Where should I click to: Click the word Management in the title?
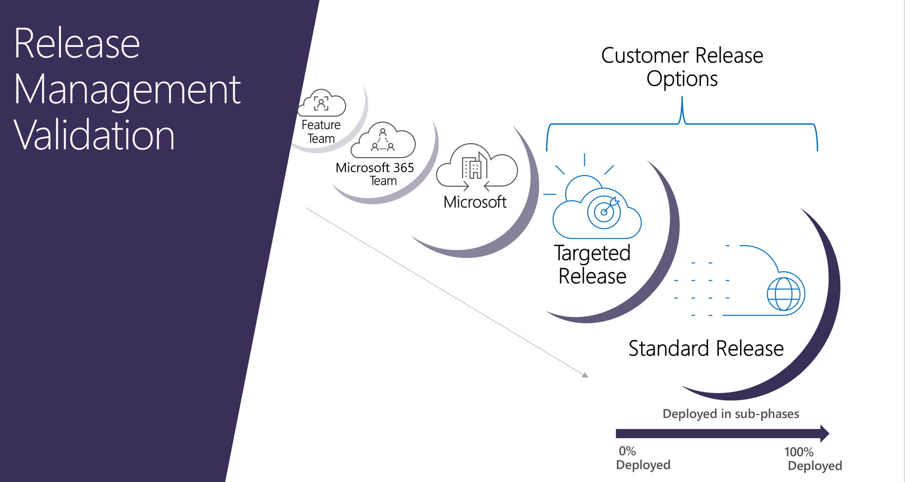point(127,90)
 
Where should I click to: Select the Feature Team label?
point(321,132)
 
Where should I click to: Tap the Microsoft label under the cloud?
point(475,202)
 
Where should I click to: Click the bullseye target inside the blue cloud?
point(604,212)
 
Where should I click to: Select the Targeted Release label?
point(592,264)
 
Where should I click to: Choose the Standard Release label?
point(706,349)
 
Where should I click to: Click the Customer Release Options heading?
point(682,67)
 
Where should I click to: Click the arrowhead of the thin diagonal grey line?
point(585,375)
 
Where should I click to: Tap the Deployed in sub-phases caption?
point(731,414)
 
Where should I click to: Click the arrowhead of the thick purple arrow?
point(824,433)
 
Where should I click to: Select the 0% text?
point(627,451)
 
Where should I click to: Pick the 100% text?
point(799,452)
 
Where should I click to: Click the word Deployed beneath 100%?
point(815,466)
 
